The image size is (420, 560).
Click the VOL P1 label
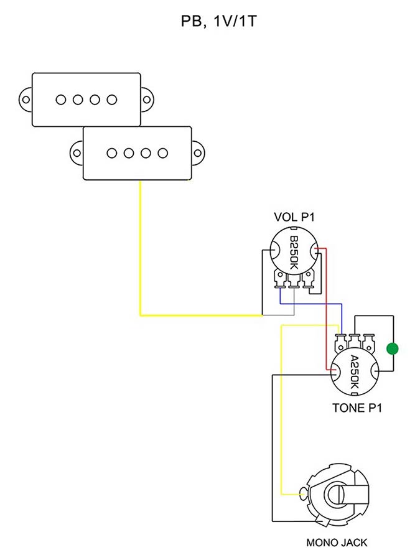(x=294, y=217)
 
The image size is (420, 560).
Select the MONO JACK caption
(x=337, y=543)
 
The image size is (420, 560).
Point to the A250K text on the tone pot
(x=353, y=371)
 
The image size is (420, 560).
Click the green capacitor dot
(x=392, y=348)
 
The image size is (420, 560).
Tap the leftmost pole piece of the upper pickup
(x=61, y=99)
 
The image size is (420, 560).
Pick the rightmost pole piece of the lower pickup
(x=163, y=152)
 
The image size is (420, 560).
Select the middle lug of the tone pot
(x=355, y=342)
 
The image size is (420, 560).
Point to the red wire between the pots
(x=327, y=305)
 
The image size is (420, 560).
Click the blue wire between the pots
(x=311, y=304)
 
